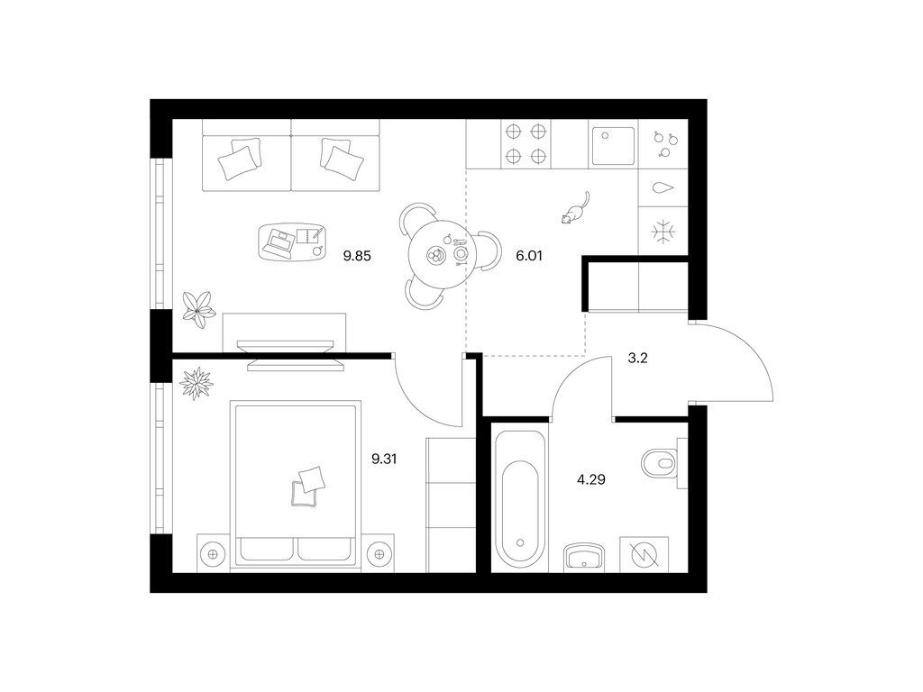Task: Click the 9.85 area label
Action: click(x=357, y=256)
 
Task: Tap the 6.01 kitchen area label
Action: click(x=528, y=256)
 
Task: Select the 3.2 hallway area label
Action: click(x=637, y=358)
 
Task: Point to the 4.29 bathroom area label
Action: click(x=591, y=479)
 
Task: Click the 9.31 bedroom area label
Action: click(x=384, y=459)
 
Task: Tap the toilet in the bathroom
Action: click(x=662, y=463)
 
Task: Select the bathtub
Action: click(x=520, y=499)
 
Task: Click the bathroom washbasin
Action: click(x=584, y=557)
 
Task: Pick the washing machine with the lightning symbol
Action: click(x=644, y=554)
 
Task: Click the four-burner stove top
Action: click(x=525, y=143)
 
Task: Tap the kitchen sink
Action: click(x=613, y=145)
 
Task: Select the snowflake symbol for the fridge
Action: click(x=663, y=232)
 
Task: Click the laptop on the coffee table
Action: click(x=280, y=243)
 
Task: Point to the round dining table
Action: click(x=437, y=254)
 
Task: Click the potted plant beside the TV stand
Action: click(x=198, y=308)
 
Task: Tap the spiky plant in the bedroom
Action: click(x=196, y=384)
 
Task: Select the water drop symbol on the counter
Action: click(x=663, y=188)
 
